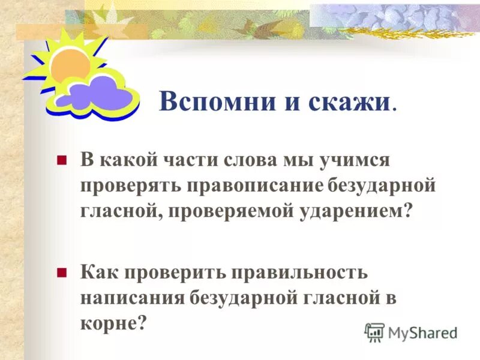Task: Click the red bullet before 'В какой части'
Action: click(61, 161)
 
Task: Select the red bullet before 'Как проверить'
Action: click(61, 272)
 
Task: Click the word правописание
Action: click(252, 186)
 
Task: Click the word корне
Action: click(112, 322)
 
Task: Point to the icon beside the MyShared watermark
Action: click(374, 332)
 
